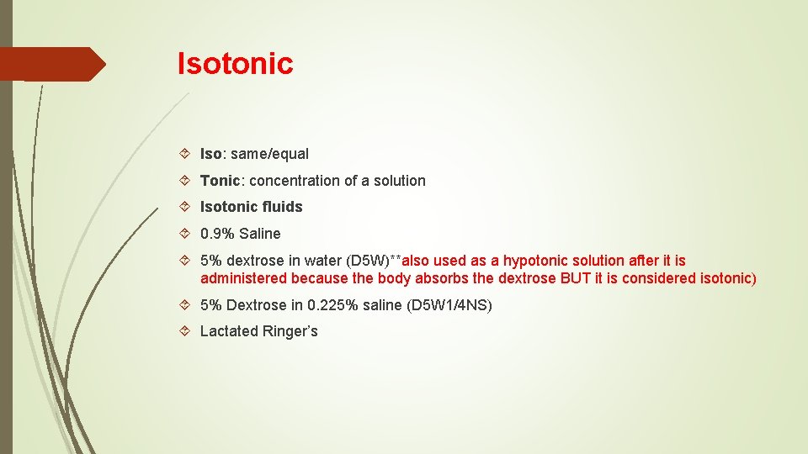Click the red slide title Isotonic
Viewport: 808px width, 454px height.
coord(235,63)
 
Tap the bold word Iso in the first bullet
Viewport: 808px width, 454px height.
coord(210,154)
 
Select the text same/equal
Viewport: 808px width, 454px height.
coord(269,154)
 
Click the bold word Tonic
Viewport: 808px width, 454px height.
coord(220,181)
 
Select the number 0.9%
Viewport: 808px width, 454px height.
coord(216,234)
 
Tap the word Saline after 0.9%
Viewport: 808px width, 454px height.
coord(259,234)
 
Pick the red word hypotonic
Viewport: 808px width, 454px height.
coord(535,261)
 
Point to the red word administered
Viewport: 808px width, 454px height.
coord(243,278)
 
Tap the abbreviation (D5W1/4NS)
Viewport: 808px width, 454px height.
coord(449,305)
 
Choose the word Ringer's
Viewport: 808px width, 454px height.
coord(290,331)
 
